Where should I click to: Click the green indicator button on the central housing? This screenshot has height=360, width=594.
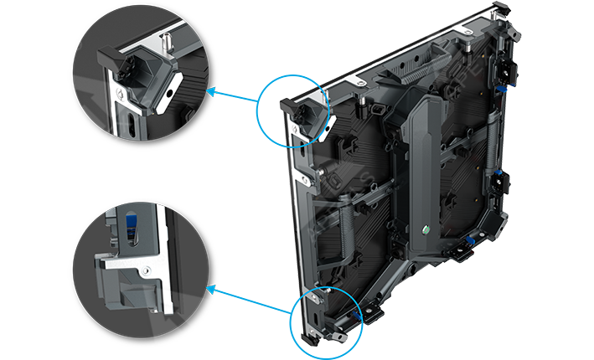[x=426, y=229]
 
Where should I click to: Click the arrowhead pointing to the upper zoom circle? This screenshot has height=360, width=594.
[x=210, y=90]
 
